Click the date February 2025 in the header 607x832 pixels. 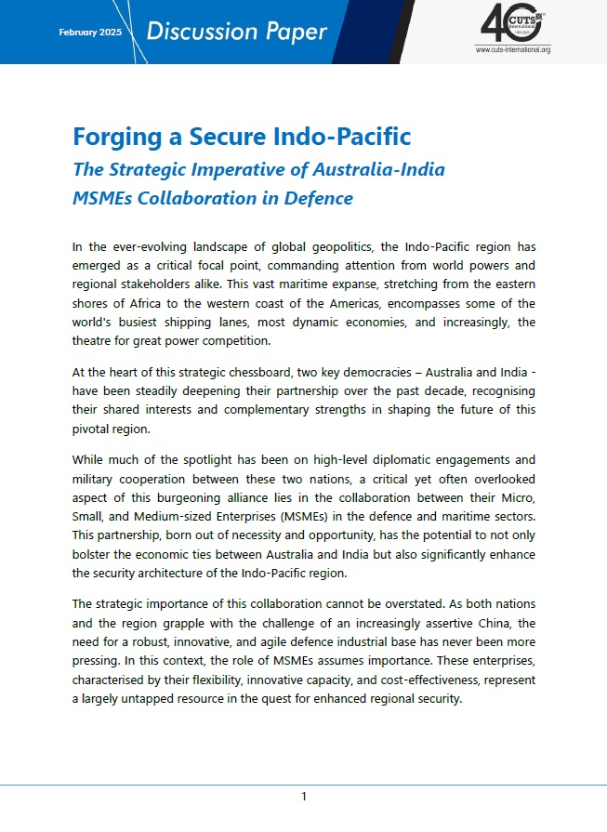(91, 32)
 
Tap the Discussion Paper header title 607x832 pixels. (236, 32)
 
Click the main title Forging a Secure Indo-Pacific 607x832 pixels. (242, 138)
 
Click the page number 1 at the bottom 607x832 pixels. (303, 797)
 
